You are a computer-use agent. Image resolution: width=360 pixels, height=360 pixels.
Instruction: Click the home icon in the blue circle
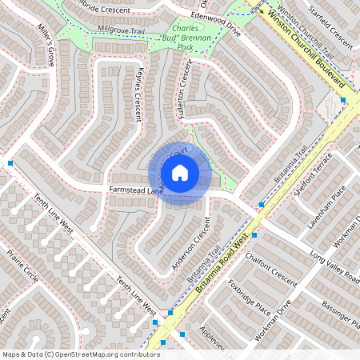tap(179, 173)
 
